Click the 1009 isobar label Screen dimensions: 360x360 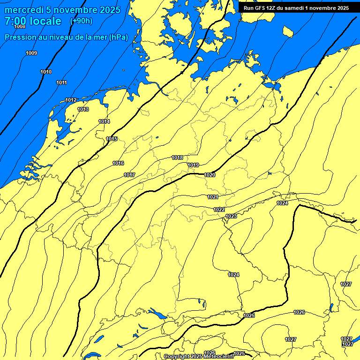pos(31,53)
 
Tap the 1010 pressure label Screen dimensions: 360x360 pos(46,72)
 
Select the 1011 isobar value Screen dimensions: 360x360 pos(61,82)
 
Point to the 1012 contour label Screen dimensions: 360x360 pos(71,100)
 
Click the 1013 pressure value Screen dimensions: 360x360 pos(83,109)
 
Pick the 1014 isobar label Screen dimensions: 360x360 pos(104,121)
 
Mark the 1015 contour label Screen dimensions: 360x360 pos(112,139)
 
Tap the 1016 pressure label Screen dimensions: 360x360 pos(118,163)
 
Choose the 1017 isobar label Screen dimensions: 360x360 pos(129,175)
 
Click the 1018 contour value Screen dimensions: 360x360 pos(177,157)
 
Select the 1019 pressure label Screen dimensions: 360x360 pos(193,165)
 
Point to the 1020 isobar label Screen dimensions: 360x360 pos(210,175)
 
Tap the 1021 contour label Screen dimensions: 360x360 pos(213,197)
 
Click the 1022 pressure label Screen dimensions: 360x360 pos(219,210)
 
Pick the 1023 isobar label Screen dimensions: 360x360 pos(231,216)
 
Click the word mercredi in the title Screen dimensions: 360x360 pos(23,10)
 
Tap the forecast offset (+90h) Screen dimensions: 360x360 pos(81,21)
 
